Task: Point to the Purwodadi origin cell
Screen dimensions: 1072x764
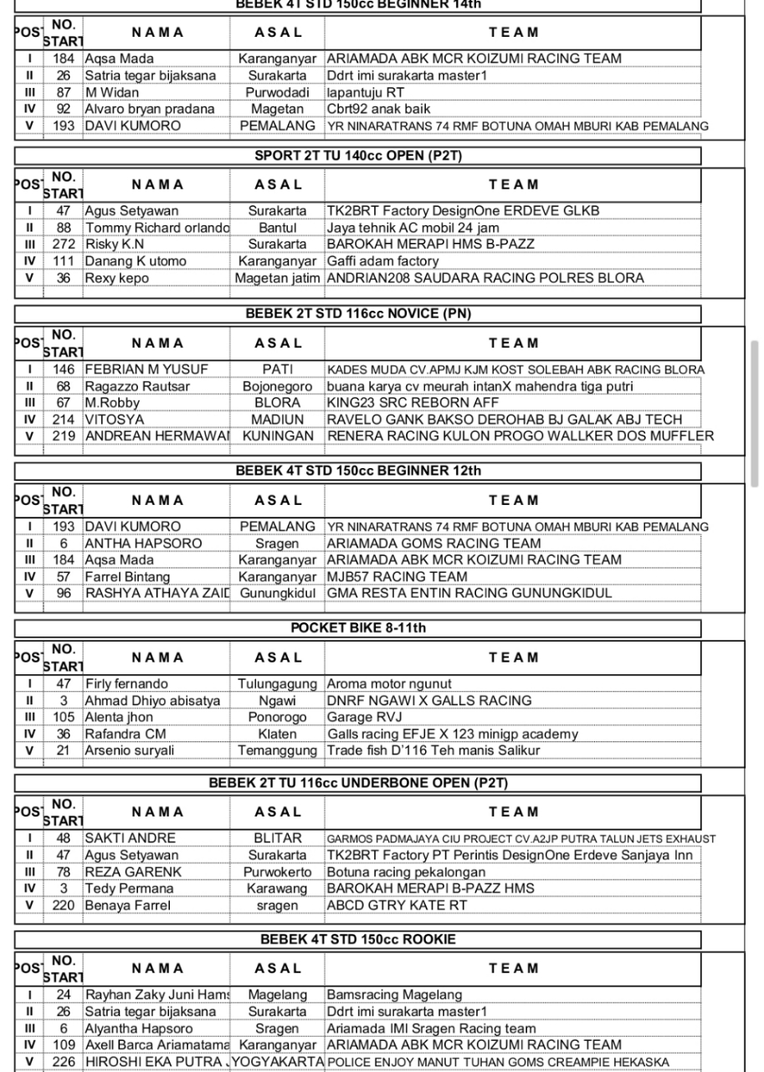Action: pyautogui.click(x=277, y=93)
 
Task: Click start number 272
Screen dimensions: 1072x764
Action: pyautogui.click(x=64, y=245)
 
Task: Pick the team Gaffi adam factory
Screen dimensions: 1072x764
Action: pyautogui.click(x=382, y=261)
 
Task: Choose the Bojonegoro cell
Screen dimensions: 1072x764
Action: pyautogui.click(x=277, y=387)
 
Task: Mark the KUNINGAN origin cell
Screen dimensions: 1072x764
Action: pyautogui.click(x=277, y=435)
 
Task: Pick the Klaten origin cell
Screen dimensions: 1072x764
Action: pyautogui.click(x=277, y=734)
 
